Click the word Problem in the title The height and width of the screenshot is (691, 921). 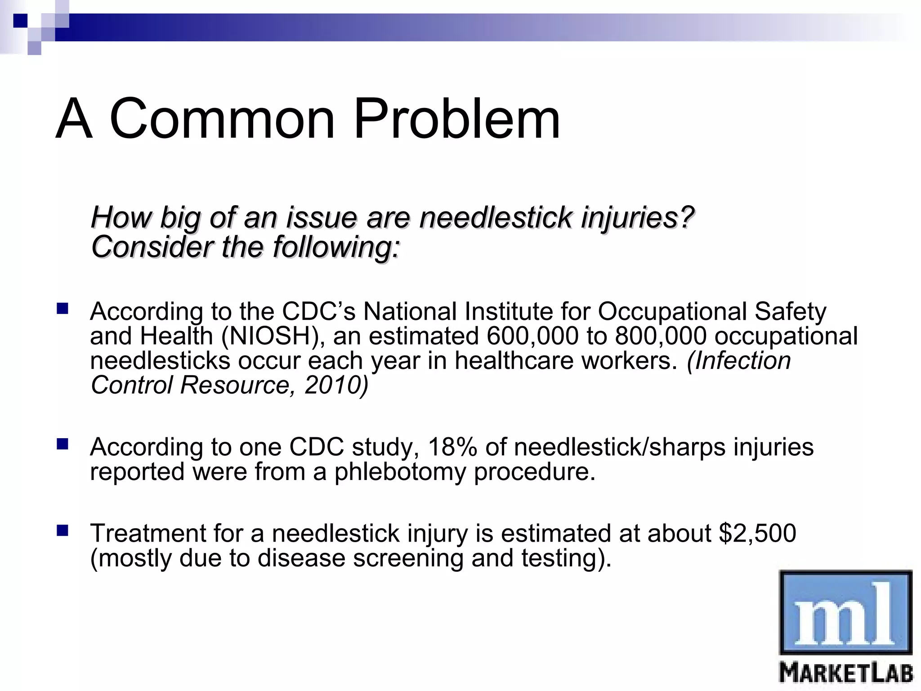(x=456, y=119)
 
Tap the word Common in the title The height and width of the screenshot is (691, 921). (x=223, y=119)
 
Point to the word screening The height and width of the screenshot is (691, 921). (x=408, y=558)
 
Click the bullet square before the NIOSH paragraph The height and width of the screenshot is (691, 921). (x=62, y=309)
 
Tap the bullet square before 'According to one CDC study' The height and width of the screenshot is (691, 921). (x=62, y=445)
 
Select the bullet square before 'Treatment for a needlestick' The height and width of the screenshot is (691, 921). (x=62, y=531)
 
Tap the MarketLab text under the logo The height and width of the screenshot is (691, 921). (x=845, y=674)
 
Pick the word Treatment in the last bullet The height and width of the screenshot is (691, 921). (x=148, y=533)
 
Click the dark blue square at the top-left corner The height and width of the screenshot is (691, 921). (x=20, y=20)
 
